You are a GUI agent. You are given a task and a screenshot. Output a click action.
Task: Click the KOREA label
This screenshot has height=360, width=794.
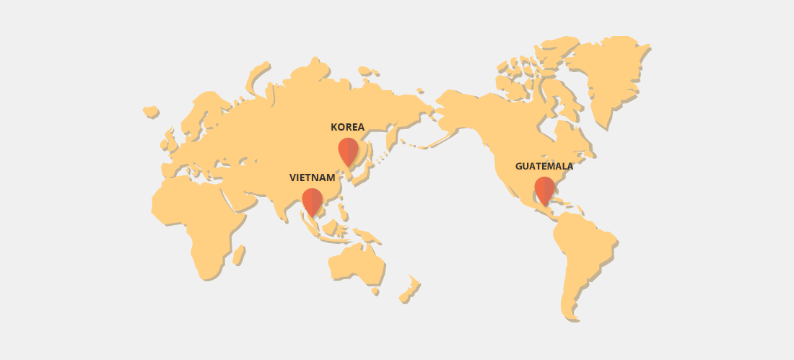(347, 127)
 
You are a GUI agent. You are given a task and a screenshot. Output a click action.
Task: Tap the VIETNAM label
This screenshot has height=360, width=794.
(312, 177)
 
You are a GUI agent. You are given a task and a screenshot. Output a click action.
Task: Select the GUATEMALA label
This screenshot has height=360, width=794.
(544, 166)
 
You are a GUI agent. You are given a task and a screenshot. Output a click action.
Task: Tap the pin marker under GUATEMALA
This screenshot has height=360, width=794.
(544, 190)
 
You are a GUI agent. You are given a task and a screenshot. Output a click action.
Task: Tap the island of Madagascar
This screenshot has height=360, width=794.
(238, 255)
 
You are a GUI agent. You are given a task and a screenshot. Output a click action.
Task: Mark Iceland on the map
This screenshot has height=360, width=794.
(150, 111)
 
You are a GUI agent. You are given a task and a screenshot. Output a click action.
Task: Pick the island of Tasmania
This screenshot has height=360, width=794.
(375, 291)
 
